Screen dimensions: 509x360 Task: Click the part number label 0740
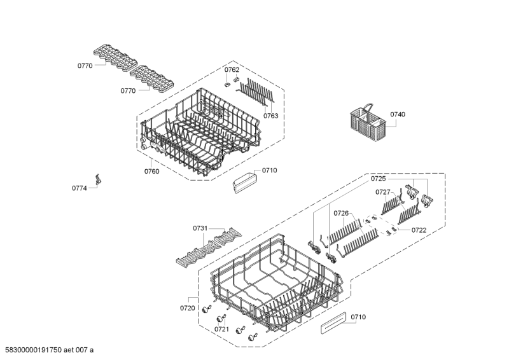[397, 114]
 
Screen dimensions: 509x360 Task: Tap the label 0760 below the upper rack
[151, 171]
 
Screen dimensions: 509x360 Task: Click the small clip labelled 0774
[98, 179]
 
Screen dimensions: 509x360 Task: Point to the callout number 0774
[79, 188]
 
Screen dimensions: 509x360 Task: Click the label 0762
[232, 70]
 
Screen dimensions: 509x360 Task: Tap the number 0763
[271, 116]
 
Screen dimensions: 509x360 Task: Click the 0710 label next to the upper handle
[269, 170]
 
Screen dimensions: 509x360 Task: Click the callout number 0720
[187, 308]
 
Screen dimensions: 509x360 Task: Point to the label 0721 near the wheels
[221, 329]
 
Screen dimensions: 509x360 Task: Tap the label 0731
[200, 228]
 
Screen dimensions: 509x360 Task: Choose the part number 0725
[378, 179]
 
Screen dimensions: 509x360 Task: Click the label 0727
[383, 192]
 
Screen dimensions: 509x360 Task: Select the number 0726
[341, 213]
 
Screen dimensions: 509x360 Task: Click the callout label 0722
[419, 230]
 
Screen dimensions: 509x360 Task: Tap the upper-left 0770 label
[85, 66]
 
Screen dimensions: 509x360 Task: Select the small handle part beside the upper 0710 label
[244, 183]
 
